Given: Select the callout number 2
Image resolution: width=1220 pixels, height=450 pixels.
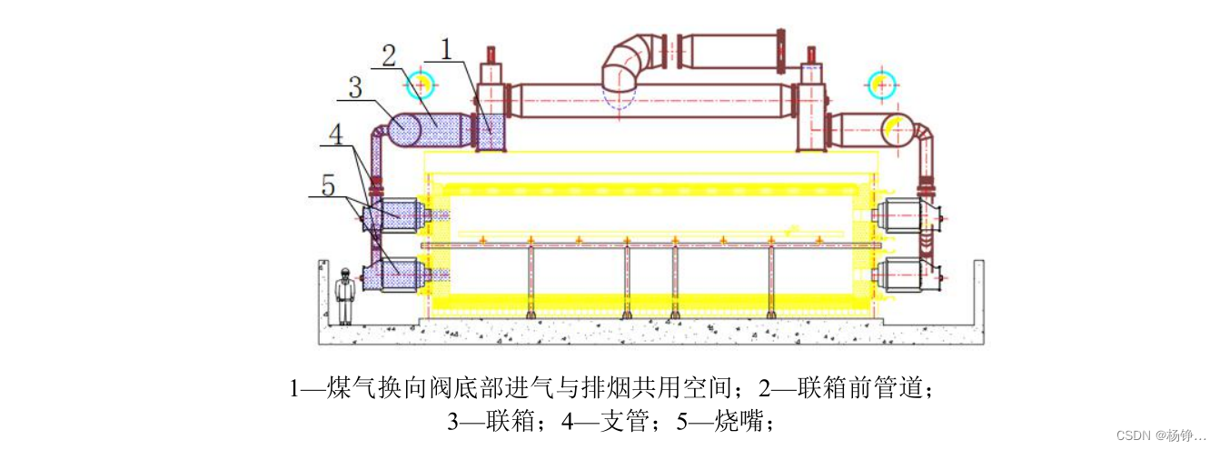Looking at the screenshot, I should (x=389, y=56).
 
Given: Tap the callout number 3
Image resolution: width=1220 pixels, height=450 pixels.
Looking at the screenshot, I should (x=355, y=87).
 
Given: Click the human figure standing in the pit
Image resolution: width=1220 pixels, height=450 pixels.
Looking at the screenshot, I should (x=344, y=295).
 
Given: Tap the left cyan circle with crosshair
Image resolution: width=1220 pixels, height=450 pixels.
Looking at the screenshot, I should (x=421, y=84).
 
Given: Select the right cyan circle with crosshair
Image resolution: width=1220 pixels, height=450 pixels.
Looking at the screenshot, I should (x=881, y=85).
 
